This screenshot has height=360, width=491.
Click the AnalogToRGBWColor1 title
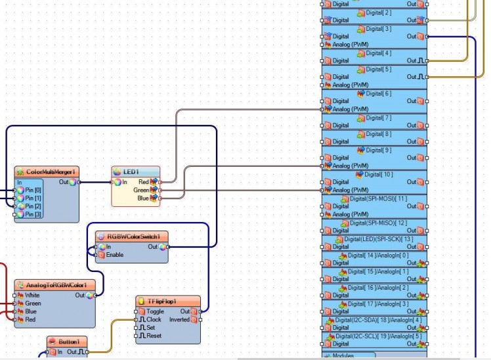point(60,286)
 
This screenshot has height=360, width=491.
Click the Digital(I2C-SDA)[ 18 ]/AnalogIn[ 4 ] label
point(375,319)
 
